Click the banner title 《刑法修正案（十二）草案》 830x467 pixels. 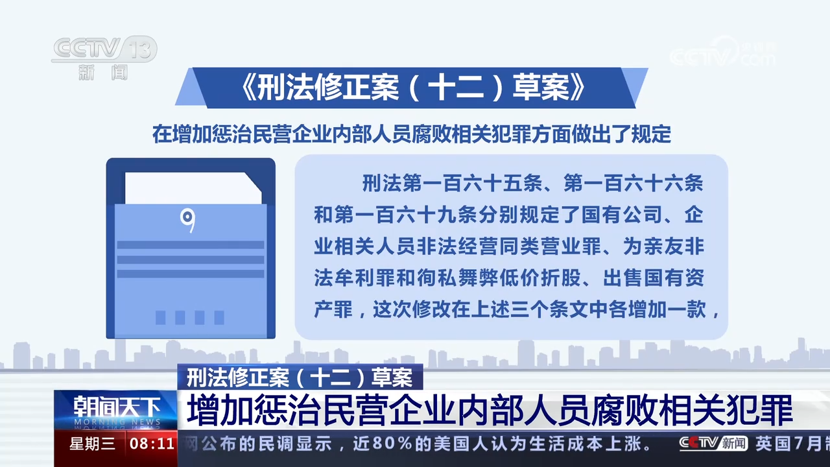(412, 88)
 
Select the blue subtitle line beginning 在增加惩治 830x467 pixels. (411, 134)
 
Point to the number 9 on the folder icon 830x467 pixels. (188, 221)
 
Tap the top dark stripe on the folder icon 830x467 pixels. (191, 245)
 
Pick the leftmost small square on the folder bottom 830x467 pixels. (160, 317)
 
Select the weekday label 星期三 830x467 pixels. (92, 444)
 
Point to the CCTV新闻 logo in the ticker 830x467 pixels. (713, 444)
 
